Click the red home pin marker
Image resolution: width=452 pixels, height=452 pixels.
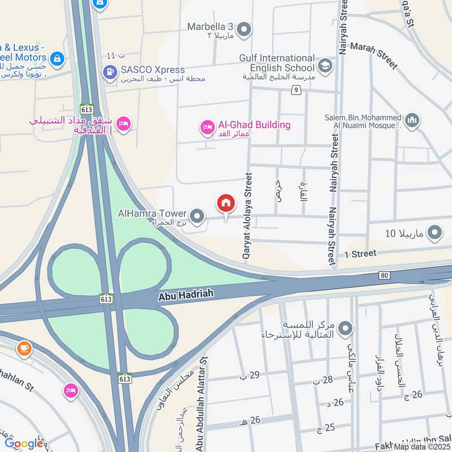click(x=226, y=204)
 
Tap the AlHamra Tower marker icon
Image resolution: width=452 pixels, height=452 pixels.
click(x=197, y=215)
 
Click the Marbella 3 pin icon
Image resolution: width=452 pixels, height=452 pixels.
click(x=244, y=29)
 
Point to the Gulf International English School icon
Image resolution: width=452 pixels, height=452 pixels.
click(x=325, y=66)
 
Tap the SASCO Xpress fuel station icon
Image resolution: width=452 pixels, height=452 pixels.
click(x=109, y=72)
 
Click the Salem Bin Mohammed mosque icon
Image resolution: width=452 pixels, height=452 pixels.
click(x=412, y=120)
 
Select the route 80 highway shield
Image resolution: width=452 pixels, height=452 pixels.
click(x=385, y=276)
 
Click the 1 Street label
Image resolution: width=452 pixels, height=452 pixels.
click(x=360, y=254)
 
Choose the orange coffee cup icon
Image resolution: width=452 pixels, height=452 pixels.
click(x=24, y=347)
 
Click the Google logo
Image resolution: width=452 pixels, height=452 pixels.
click(x=24, y=444)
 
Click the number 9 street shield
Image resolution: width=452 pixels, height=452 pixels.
click(x=296, y=90)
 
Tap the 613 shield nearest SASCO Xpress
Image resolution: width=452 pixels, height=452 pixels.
click(x=86, y=109)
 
